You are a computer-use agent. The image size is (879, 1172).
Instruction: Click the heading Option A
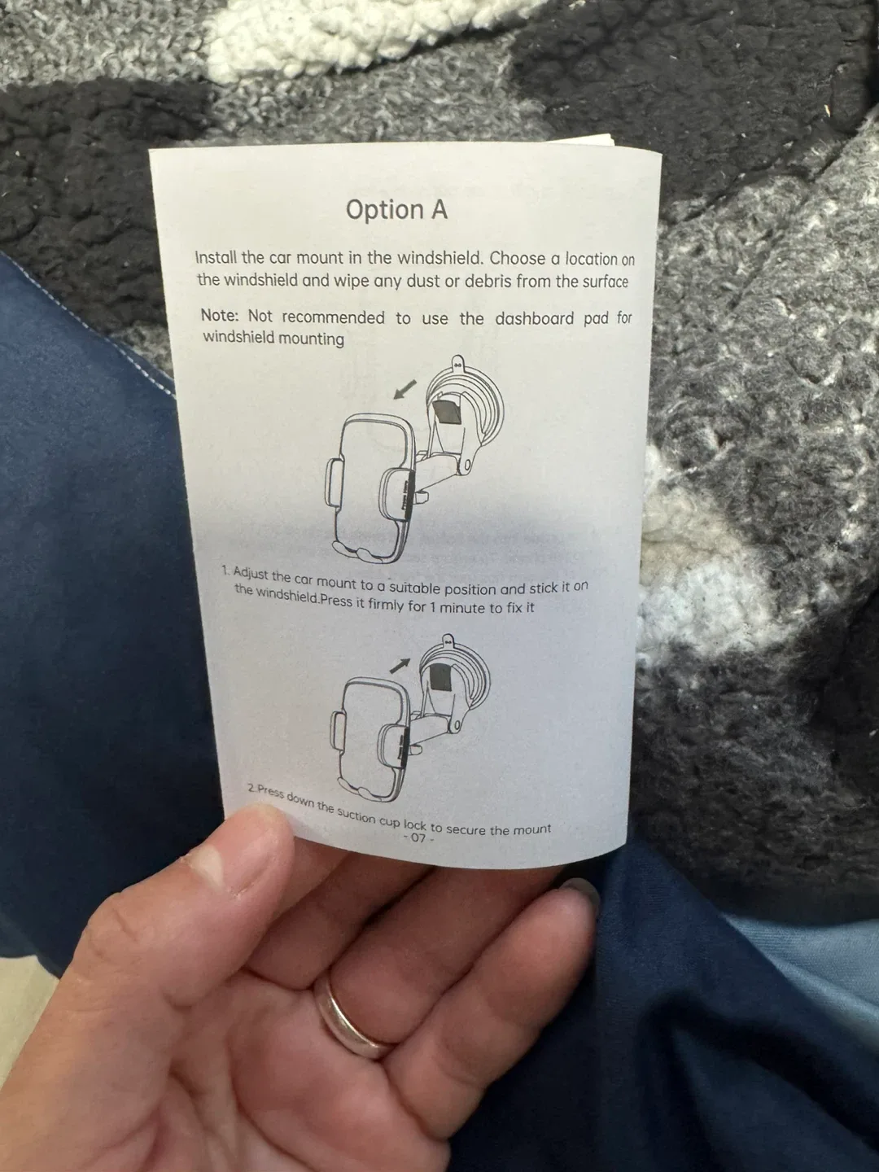(x=396, y=209)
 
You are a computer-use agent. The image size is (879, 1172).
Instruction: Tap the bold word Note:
(x=220, y=315)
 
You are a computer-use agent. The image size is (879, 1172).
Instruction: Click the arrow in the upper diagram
(x=404, y=388)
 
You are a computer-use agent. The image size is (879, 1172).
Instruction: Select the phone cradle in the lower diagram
(x=370, y=737)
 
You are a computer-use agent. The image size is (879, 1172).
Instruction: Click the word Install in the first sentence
(x=217, y=257)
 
